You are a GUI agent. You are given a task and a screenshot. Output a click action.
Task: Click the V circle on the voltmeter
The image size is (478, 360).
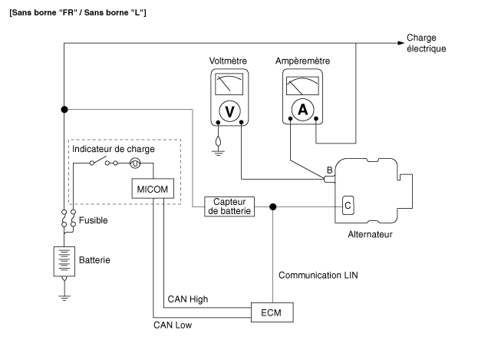pyautogui.click(x=228, y=111)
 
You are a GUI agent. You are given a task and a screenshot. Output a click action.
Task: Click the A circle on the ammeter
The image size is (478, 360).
pyautogui.click(x=302, y=110)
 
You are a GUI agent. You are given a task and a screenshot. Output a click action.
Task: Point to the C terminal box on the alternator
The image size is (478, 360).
pyautogui.click(x=348, y=205)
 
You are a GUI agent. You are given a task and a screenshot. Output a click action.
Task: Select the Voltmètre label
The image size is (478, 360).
pyautogui.click(x=228, y=61)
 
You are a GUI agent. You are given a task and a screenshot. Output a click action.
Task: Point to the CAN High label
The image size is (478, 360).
pyautogui.click(x=185, y=298)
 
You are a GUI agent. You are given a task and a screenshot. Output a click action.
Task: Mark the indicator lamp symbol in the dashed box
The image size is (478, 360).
pyautogui.click(x=134, y=163)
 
